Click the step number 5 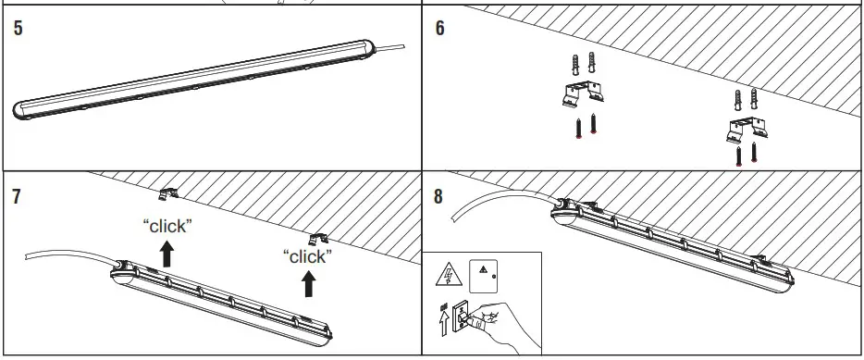19,28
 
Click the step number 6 439,28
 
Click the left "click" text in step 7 167,226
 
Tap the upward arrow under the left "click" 167,254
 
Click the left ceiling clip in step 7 167,193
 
